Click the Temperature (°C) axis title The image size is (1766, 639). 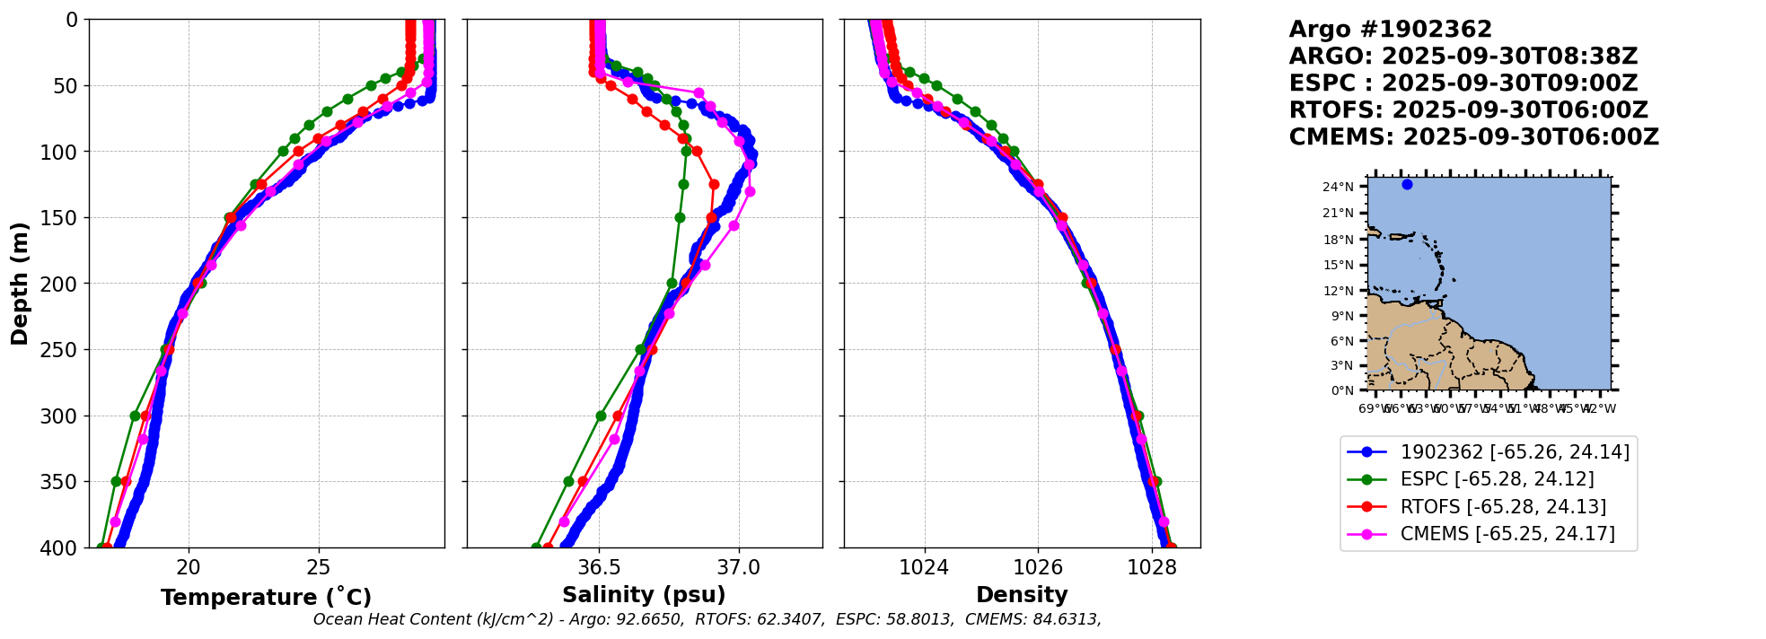[266, 598]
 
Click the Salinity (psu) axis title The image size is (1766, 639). [644, 595]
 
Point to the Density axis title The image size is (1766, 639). [1022, 595]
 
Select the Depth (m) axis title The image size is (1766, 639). [20, 284]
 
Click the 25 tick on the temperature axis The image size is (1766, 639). [319, 567]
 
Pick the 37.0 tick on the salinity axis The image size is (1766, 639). [739, 567]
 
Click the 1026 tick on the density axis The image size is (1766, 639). [1038, 567]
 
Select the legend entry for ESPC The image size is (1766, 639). [1497, 479]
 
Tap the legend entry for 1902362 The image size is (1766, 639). [1515, 452]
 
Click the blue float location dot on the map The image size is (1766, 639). [1407, 184]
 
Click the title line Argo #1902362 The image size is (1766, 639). [1390, 30]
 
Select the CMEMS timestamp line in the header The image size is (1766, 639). [1473, 137]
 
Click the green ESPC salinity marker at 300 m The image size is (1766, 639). [601, 416]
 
